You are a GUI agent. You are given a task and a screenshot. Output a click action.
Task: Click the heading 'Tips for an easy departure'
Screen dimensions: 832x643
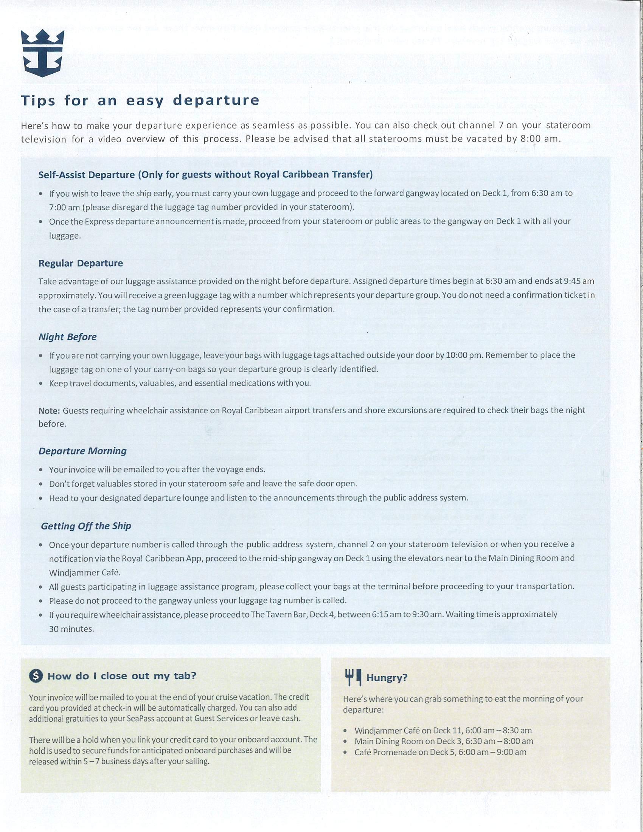pyautogui.click(x=140, y=101)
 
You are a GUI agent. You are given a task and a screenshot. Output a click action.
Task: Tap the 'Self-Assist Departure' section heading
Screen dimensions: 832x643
pyautogui.click(x=206, y=174)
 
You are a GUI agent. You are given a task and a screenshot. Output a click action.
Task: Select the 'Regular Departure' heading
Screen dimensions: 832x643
pyautogui.click(x=81, y=263)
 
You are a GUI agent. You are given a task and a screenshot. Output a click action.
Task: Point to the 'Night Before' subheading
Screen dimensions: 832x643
pyautogui.click(x=67, y=337)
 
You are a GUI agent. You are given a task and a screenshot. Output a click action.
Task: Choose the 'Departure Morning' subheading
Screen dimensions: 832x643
pyautogui.click(x=83, y=451)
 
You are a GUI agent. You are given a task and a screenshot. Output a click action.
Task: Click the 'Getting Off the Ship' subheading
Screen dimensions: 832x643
pyautogui.click(x=86, y=526)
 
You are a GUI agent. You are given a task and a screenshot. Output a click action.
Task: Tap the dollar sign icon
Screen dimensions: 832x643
pyautogui.click(x=36, y=676)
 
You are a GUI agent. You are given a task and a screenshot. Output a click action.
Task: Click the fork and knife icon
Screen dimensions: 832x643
pyautogui.click(x=353, y=677)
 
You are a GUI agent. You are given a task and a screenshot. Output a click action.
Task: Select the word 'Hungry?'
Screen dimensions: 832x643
pyautogui.click(x=387, y=678)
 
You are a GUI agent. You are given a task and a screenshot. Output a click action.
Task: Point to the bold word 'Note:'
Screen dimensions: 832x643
pyautogui.click(x=49, y=411)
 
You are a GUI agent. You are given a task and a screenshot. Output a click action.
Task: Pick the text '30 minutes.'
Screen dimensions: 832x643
pyautogui.click(x=71, y=629)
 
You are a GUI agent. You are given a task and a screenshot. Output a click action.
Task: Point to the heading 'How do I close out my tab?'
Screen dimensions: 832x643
pyautogui.click(x=122, y=676)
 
